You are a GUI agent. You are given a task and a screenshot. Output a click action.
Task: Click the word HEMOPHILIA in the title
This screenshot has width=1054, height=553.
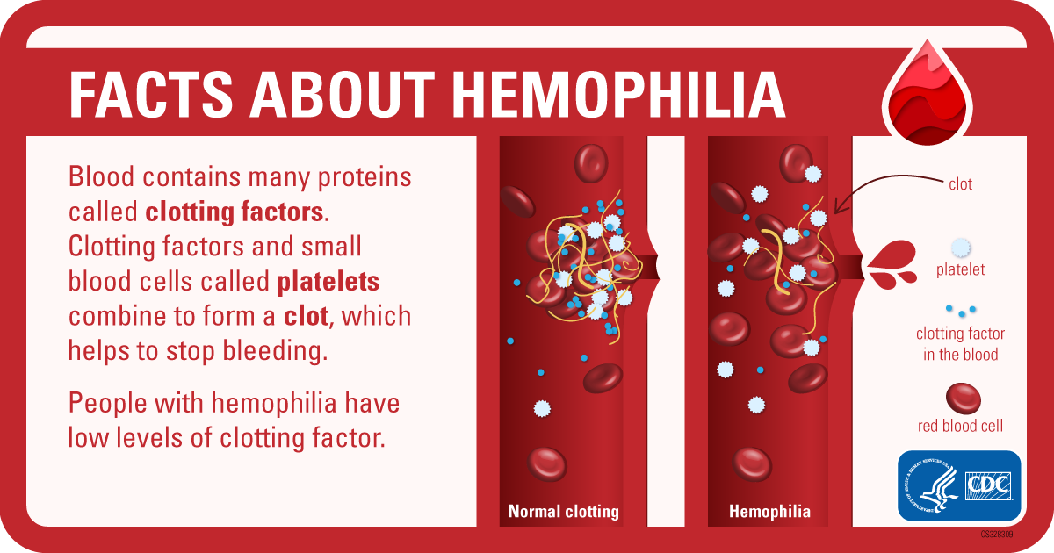coord(618,94)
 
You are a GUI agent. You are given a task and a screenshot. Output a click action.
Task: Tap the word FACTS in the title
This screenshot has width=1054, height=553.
coord(151,94)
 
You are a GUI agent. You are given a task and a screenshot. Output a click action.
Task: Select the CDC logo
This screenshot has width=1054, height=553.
coord(988,486)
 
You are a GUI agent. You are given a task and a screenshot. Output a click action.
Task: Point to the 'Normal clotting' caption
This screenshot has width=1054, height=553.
coord(563,511)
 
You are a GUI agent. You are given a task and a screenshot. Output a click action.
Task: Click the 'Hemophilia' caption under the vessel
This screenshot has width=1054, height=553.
coord(769,511)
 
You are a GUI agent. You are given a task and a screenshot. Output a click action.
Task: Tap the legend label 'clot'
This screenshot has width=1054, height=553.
coord(960,183)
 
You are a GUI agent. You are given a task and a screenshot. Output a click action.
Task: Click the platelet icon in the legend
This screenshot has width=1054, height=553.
coord(960,248)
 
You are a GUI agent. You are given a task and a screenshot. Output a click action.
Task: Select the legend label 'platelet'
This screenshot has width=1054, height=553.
coord(960,269)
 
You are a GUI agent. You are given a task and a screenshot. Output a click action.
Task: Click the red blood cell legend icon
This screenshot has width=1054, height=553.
coord(964,399)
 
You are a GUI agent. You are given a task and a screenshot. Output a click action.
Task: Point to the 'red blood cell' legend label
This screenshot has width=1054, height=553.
coord(960,426)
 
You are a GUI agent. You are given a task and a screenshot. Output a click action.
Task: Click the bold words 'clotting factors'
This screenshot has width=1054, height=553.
coord(235,212)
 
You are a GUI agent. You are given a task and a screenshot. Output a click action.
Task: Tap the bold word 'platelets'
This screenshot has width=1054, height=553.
coord(328,282)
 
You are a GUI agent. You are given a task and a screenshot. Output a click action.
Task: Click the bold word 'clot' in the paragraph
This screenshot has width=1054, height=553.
coord(306,316)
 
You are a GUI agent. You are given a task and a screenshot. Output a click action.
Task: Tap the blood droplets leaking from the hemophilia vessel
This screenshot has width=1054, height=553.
coord(892,265)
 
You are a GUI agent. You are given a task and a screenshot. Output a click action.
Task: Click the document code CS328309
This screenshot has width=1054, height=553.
coord(997,535)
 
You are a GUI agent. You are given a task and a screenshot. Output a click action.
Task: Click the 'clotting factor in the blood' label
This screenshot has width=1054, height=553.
coord(960,344)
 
